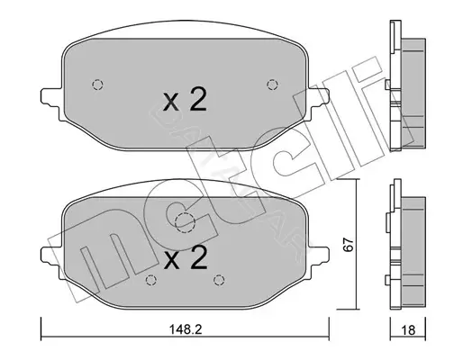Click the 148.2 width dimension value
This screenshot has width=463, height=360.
pyautogui.click(x=186, y=329)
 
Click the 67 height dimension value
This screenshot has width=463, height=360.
pyautogui.click(x=348, y=245)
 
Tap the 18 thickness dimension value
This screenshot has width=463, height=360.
pyautogui.click(x=408, y=330)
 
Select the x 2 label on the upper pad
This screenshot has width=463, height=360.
pyautogui.click(x=185, y=101)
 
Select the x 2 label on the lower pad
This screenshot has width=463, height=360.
pyautogui.click(x=186, y=257)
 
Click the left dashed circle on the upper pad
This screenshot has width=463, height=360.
pyautogui.click(x=97, y=85)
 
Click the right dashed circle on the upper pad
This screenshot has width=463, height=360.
pyautogui.click(x=272, y=85)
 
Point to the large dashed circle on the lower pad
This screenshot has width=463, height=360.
pyautogui.click(x=185, y=223)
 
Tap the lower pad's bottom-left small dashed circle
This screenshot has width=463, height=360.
pyautogui.click(x=151, y=280)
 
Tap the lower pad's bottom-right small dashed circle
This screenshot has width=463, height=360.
pyautogui.click(x=219, y=280)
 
